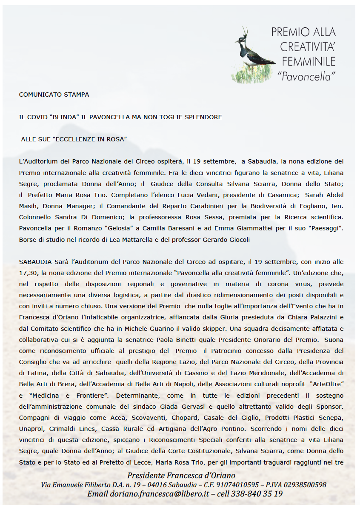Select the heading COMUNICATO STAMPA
pyautogui.click(x=54, y=95)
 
